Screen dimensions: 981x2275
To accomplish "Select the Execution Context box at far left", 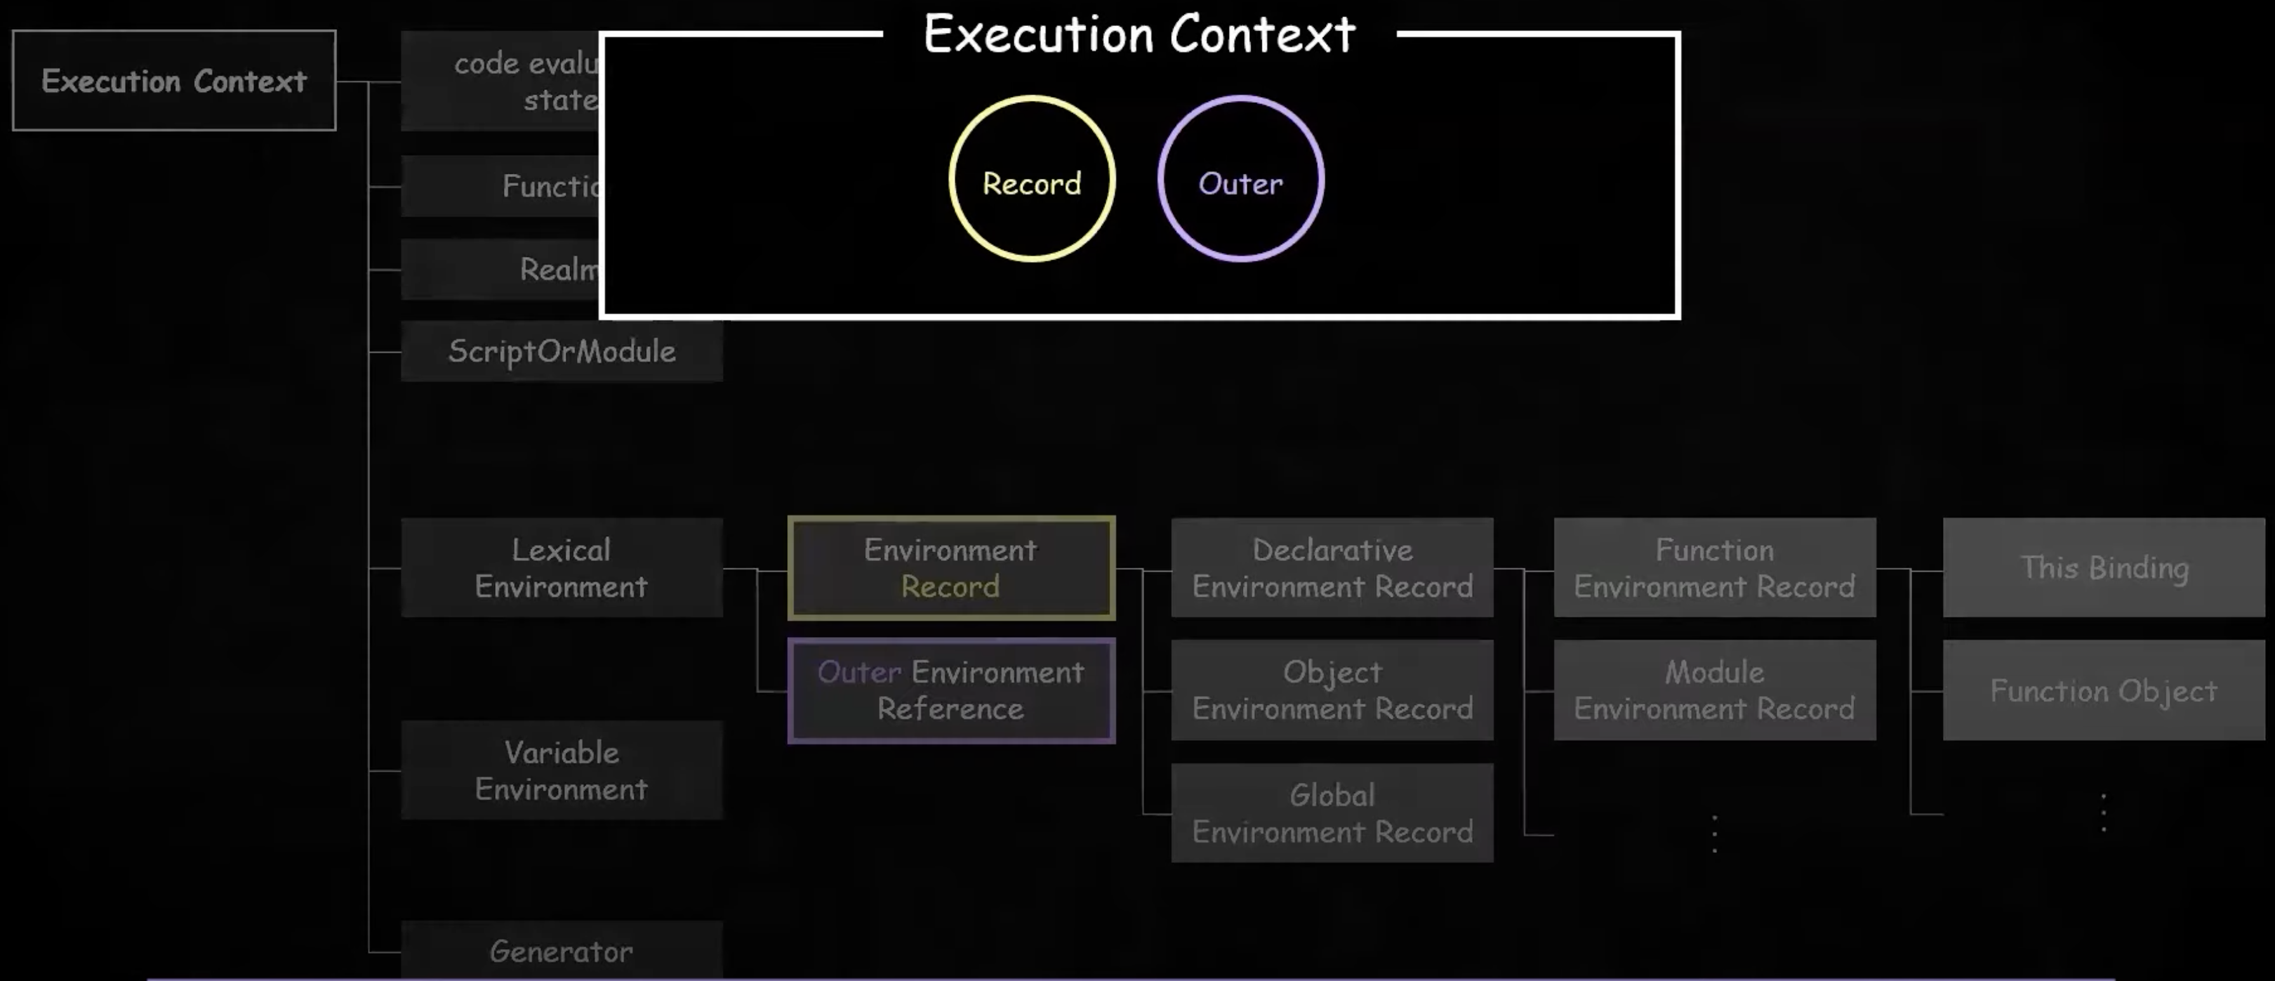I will [174, 81].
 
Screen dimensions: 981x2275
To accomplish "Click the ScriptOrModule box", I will [562, 352].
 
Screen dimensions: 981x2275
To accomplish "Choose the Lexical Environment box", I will [562, 568].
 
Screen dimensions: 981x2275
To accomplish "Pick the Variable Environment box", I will [562, 770].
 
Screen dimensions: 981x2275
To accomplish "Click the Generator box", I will [562, 951].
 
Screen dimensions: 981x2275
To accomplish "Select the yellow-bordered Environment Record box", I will [951, 568].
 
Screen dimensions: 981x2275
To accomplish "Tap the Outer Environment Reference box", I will [951, 690].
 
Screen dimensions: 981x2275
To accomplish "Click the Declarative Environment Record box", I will [1332, 568].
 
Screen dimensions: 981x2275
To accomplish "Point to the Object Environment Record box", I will [1332, 690].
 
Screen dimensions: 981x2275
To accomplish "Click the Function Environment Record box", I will [1715, 568].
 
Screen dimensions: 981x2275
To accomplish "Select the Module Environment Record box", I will [1715, 690].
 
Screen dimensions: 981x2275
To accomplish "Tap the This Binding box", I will [2104, 568].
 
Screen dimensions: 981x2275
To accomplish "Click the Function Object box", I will [2104, 690].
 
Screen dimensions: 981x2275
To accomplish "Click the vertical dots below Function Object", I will [2104, 812].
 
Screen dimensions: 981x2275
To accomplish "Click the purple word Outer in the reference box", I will [858, 672].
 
